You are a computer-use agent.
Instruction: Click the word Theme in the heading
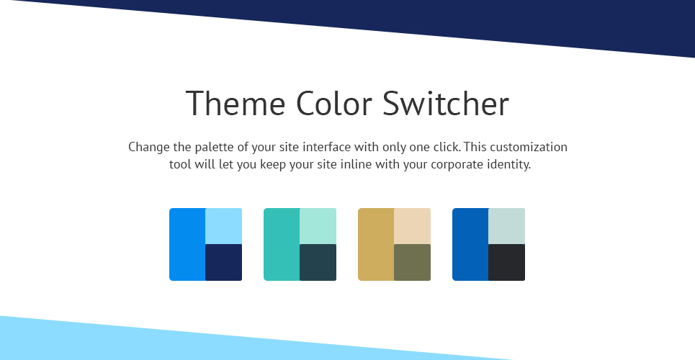click(236, 103)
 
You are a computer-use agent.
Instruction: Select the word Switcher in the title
click(446, 103)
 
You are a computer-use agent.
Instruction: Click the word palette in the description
click(214, 147)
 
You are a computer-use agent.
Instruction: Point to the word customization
click(529, 147)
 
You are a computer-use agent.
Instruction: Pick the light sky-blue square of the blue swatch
click(224, 226)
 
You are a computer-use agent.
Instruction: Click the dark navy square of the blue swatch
click(224, 263)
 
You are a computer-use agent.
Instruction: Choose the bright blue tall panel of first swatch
click(187, 244)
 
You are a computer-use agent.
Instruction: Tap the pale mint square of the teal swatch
click(318, 226)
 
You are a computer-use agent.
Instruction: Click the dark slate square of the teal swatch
click(318, 263)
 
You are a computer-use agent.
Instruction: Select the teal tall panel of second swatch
click(282, 244)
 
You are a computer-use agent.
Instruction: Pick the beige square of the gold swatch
click(413, 226)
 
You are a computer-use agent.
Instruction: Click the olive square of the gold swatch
click(413, 263)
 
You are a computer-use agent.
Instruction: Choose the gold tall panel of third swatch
click(377, 244)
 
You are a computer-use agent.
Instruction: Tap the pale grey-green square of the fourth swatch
click(507, 226)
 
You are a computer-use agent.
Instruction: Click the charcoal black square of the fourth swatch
click(507, 263)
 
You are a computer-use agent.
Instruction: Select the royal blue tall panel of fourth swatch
click(471, 244)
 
